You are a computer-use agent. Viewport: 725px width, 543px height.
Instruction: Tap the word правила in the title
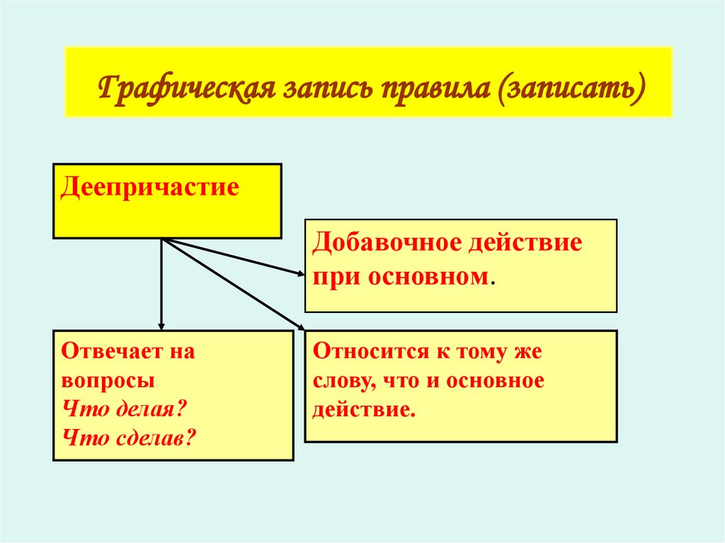point(436,91)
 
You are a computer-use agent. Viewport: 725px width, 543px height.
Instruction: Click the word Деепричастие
point(149,188)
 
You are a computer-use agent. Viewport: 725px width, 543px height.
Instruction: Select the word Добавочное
point(386,244)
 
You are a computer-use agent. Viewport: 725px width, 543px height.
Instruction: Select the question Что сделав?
point(129,437)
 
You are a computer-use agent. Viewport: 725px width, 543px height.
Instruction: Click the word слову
point(342,380)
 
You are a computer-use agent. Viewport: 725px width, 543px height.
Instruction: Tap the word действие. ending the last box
point(362,409)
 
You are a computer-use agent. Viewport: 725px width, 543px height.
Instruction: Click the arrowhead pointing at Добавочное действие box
point(301,272)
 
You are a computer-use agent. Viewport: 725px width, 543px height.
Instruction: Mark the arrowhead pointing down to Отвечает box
point(161,325)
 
